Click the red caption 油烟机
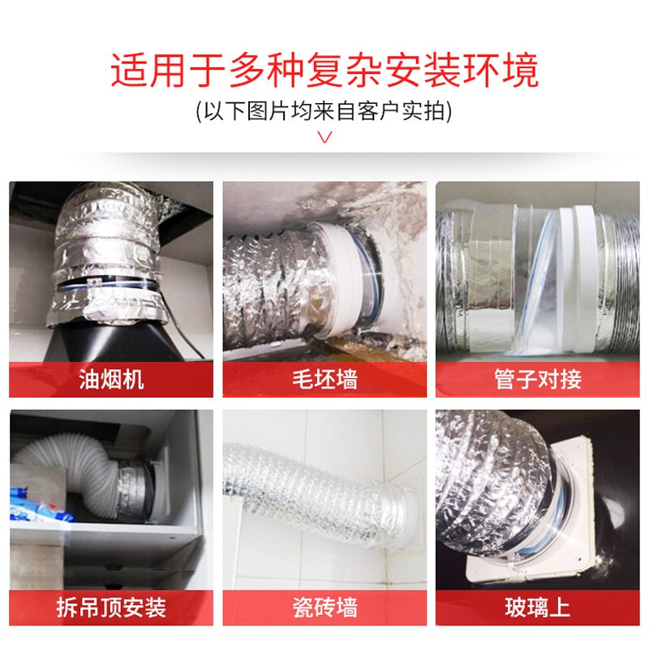pyautogui.click(x=111, y=380)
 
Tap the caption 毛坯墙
pyautogui.click(x=324, y=380)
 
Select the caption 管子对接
pyautogui.click(x=537, y=380)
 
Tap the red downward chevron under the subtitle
pyautogui.click(x=324, y=136)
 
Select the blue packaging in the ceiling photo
pyautogui.click(x=32, y=507)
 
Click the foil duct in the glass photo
pyautogui.click(x=487, y=479)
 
